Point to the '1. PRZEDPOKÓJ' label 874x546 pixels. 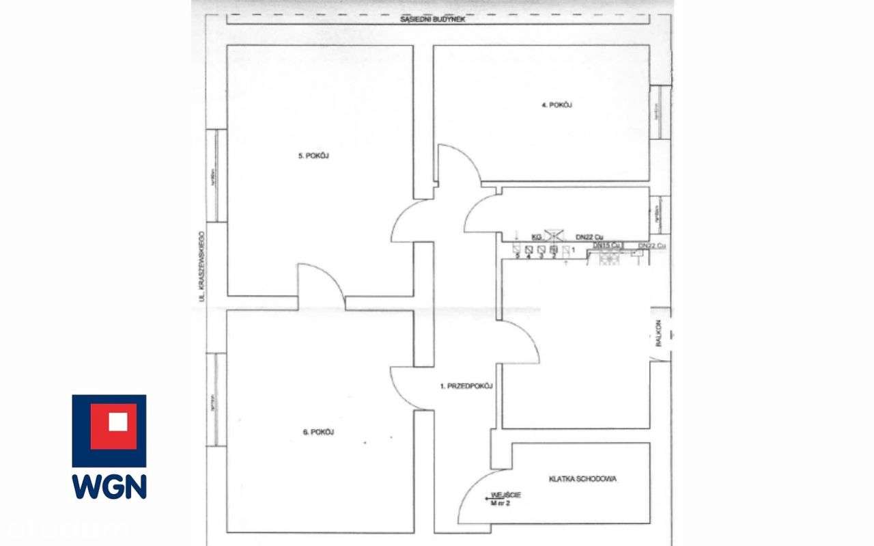[467, 386]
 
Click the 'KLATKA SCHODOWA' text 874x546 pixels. [582, 479]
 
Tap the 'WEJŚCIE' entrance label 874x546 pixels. [505, 497]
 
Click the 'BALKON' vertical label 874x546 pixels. [660, 334]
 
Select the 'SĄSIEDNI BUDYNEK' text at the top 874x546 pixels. [433, 20]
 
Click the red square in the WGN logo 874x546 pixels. [109, 422]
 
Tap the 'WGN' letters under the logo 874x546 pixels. [109, 486]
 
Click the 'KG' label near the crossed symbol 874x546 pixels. [536, 236]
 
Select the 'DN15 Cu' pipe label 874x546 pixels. [606, 245]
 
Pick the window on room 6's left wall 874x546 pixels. [216, 400]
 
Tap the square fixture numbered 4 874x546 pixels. [529, 249]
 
